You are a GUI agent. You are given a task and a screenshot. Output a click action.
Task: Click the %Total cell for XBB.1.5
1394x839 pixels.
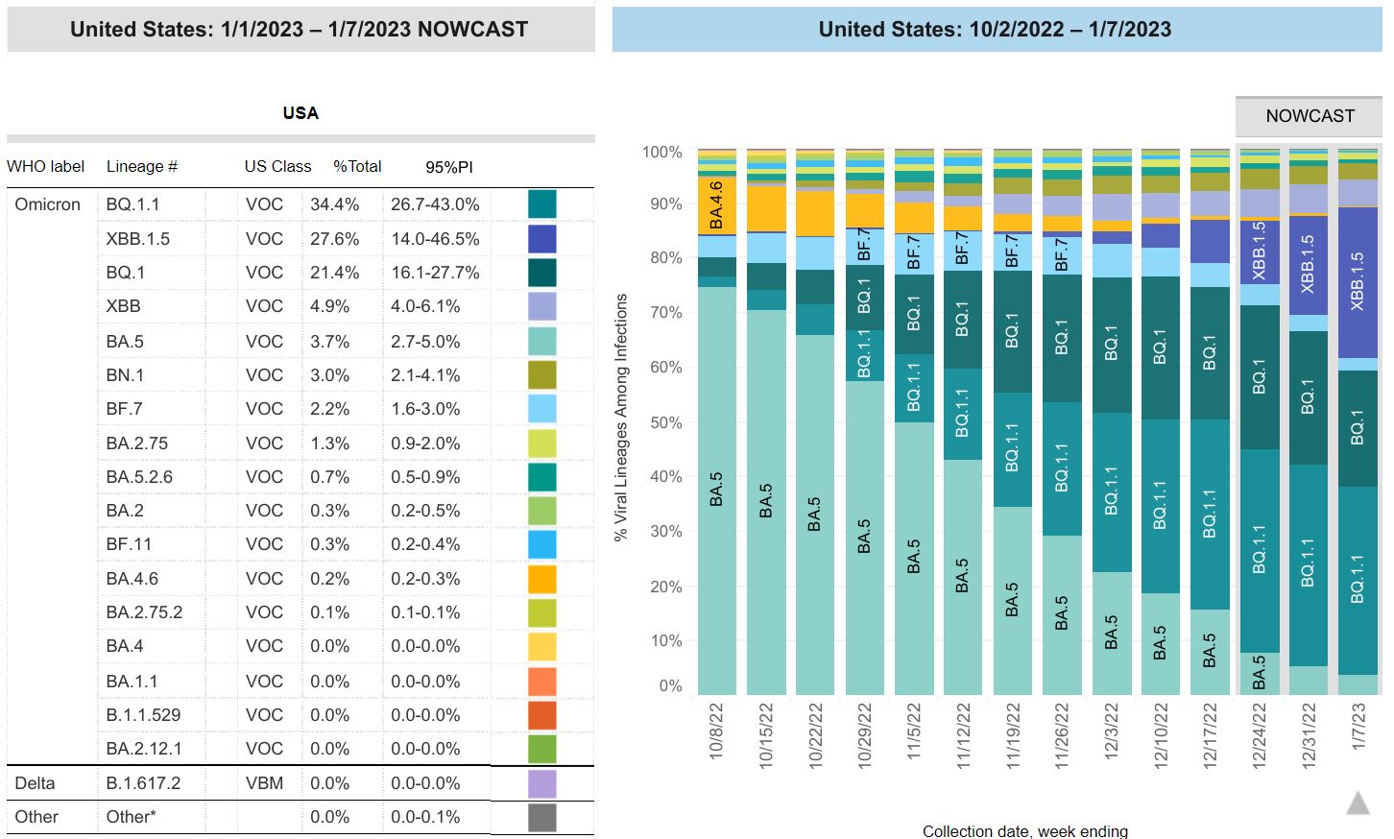(x=334, y=239)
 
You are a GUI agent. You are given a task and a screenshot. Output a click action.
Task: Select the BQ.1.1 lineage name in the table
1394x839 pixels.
(x=132, y=204)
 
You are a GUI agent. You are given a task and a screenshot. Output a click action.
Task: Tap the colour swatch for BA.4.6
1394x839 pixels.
(x=541, y=579)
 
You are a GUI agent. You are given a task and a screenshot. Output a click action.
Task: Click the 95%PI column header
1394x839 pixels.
(x=448, y=167)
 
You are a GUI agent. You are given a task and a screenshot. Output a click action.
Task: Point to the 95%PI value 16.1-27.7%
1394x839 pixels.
(x=434, y=273)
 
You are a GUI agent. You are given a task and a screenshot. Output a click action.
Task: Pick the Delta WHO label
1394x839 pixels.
(x=35, y=783)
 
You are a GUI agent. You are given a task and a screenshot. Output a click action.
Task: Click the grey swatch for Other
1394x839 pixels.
(x=541, y=818)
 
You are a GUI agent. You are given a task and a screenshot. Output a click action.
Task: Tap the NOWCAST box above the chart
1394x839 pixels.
(x=1310, y=116)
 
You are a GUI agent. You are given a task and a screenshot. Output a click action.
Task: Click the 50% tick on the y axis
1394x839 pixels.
(x=661, y=422)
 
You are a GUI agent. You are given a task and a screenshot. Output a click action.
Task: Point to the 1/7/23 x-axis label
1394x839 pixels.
(x=1358, y=728)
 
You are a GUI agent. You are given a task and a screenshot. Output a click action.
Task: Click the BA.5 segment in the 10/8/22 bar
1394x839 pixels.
(x=717, y=490)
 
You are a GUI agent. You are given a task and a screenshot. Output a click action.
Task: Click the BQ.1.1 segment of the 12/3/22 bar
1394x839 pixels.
(x=1112, y=491)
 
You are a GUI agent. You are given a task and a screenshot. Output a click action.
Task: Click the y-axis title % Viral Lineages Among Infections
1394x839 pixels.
(x=621, y=418)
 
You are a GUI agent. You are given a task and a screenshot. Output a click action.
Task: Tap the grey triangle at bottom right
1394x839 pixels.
(x=1358, y=803)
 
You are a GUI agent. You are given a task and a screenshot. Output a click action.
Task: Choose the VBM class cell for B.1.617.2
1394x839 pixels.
(x=264, y=783)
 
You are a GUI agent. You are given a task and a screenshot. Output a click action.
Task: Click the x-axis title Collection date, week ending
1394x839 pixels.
(x=1024, y=831)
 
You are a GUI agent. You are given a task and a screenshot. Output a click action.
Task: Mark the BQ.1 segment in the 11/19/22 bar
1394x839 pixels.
(x=1012, y=331)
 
